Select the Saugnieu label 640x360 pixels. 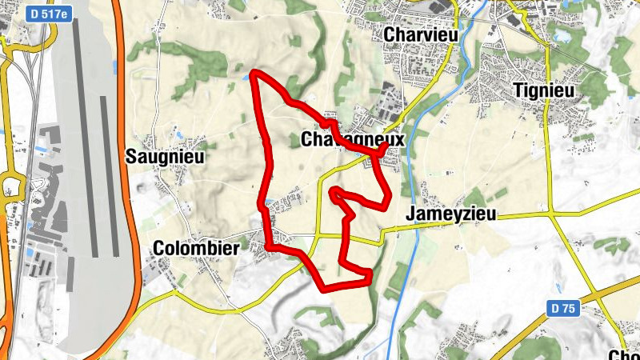click(x=166, y=158)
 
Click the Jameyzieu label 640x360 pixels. click(x=451, y=214)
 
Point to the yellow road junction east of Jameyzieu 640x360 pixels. click(x=551, y=214)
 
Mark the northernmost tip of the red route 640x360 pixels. click(x=254, y=73)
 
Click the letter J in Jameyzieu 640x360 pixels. click(x=410, y=214)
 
